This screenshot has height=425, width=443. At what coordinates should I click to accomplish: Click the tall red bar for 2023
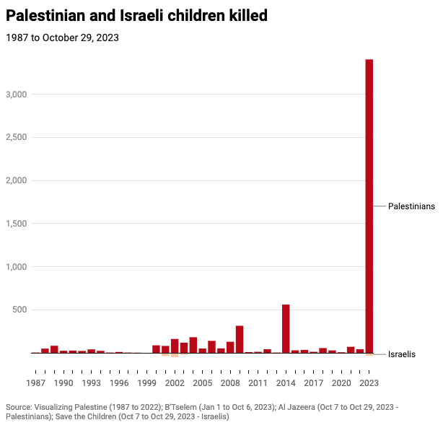(x=369, y=206)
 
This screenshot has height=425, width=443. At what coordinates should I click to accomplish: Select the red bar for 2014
(x=286, y=328)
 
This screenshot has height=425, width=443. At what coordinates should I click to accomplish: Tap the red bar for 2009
(x=240, y=339)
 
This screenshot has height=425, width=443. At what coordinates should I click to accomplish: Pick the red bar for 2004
(x=193, y=345)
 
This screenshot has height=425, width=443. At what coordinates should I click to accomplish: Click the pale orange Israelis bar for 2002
(x=175, y=355)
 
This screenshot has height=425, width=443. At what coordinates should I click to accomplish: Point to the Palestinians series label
(x=411, y=206)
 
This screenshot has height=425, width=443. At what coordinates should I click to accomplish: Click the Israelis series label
(x=401, y=354)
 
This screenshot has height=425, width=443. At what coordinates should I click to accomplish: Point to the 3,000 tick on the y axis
(x=17, y=95)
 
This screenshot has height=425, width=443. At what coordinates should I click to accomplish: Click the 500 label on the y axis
(x=19, y=310)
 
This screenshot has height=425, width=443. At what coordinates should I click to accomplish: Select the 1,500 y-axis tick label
(x=17, y=224)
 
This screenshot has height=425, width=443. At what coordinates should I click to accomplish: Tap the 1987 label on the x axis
(x=35, y=383)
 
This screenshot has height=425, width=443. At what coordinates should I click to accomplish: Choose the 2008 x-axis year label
(x=230, y=383)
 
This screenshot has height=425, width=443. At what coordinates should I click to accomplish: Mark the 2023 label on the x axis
(x=369, y=383)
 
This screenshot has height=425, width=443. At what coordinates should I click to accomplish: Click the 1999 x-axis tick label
(x=146, y=383)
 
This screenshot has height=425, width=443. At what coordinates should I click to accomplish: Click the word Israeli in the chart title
(x=141, y=15)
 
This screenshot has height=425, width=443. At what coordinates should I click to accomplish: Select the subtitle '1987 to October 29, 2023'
(x=62, y=38)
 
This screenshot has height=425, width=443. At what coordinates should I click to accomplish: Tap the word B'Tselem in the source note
(x=180, y=407)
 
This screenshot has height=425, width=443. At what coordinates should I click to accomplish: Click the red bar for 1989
(x=54, y=349)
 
